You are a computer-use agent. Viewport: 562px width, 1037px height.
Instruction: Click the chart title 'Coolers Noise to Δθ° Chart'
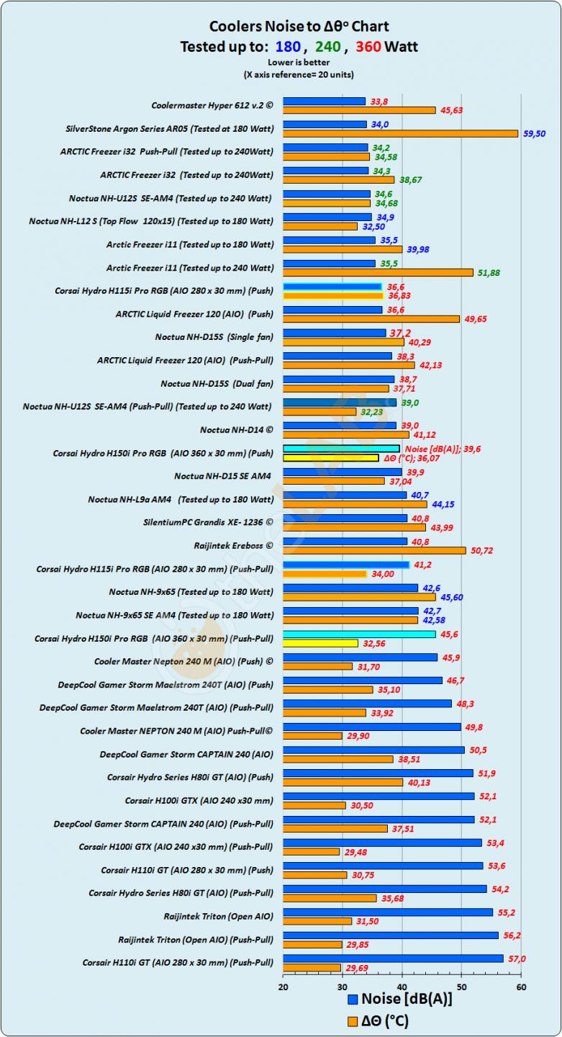click(x=299, y=27)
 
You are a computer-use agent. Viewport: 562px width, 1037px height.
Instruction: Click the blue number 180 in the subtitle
click(x=288, y=48)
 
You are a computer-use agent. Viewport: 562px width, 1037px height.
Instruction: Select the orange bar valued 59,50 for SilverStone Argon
click(x=400, y=133)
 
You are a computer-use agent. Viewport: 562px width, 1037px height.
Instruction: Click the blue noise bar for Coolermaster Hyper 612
click(x=324, y=102)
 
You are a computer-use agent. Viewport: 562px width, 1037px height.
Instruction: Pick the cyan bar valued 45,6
click(x=359, y=634)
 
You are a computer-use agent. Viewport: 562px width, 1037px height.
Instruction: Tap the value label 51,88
click(x=489, y=272)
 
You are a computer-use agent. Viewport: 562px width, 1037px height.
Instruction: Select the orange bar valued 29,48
click(x=311, y=852)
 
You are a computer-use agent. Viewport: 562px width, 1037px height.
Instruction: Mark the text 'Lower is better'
click(x=299, y=63)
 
